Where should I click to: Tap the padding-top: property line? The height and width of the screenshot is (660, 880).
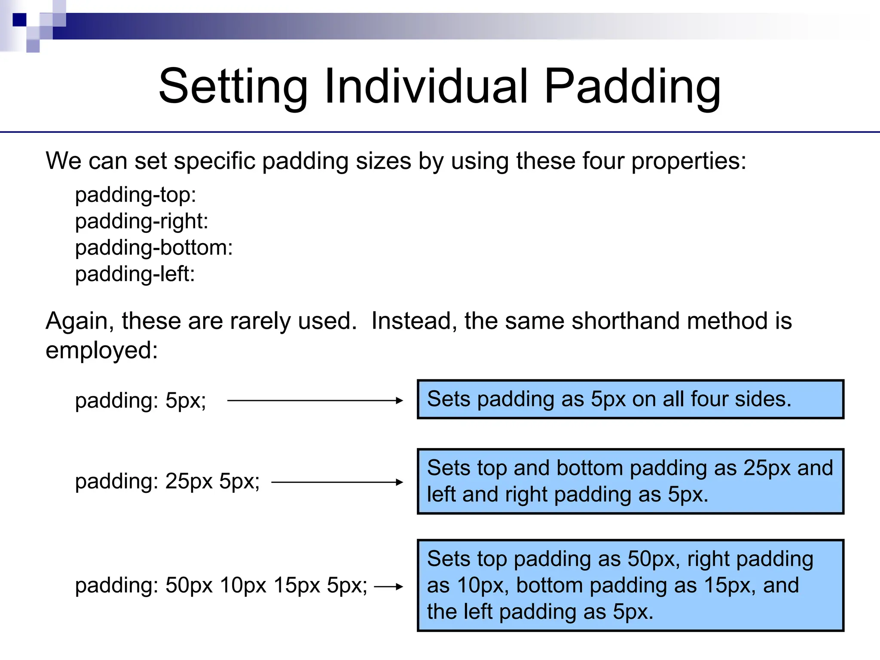pos(135,195)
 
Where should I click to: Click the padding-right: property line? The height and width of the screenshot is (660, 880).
pos(141,221)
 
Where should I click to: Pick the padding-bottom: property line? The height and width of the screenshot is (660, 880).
pos(154,248)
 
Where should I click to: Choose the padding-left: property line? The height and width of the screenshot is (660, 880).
pos(135,274)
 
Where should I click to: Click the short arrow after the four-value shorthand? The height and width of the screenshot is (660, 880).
pos(388,587)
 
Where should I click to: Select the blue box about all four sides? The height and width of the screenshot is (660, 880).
pos(630,399)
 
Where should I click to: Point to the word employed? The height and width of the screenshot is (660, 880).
pos(102,350)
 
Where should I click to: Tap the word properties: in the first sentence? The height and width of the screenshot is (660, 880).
pos(688,161)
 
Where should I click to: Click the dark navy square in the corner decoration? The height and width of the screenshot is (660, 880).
pos(19,20)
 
